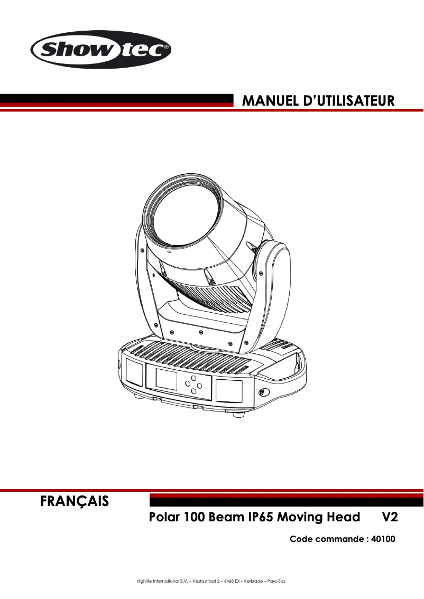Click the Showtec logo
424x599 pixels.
click(x=101, y=51)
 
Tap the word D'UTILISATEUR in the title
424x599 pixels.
click(x=349, y=100)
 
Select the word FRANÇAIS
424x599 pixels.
click(x=75, y=501)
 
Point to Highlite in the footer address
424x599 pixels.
click(x=144, y=582)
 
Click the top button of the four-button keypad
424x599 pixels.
click(x=194, y=378)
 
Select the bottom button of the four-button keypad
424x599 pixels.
click(x=194, y=391)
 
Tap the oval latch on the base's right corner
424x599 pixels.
click(x=263, y=392)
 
